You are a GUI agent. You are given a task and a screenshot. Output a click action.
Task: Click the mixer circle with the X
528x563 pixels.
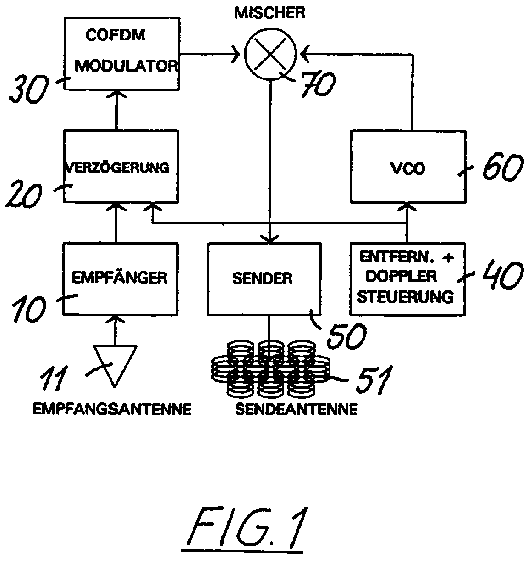(271, 54)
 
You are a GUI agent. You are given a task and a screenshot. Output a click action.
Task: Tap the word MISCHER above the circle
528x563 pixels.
(269, 12)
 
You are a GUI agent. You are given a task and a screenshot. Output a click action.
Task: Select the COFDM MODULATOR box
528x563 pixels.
(121, 53)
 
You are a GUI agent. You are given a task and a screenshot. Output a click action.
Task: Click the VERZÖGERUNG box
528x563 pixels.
(121, 166)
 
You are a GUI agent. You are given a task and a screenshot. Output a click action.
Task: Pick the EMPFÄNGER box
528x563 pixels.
(120, 278)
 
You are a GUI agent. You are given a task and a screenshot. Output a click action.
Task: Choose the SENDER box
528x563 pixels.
(263, 279)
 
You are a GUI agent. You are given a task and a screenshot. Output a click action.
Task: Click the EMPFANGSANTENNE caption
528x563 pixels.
(111, 409)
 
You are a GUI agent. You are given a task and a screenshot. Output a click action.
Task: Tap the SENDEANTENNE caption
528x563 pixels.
(296, 409)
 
